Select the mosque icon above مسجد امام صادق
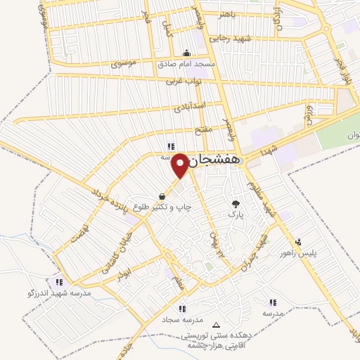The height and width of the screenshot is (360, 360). click(x=186, y=53)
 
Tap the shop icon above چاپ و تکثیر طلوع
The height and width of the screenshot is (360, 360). click(x=163, y=196)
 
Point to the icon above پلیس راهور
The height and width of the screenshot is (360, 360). click(x=300, y=242)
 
